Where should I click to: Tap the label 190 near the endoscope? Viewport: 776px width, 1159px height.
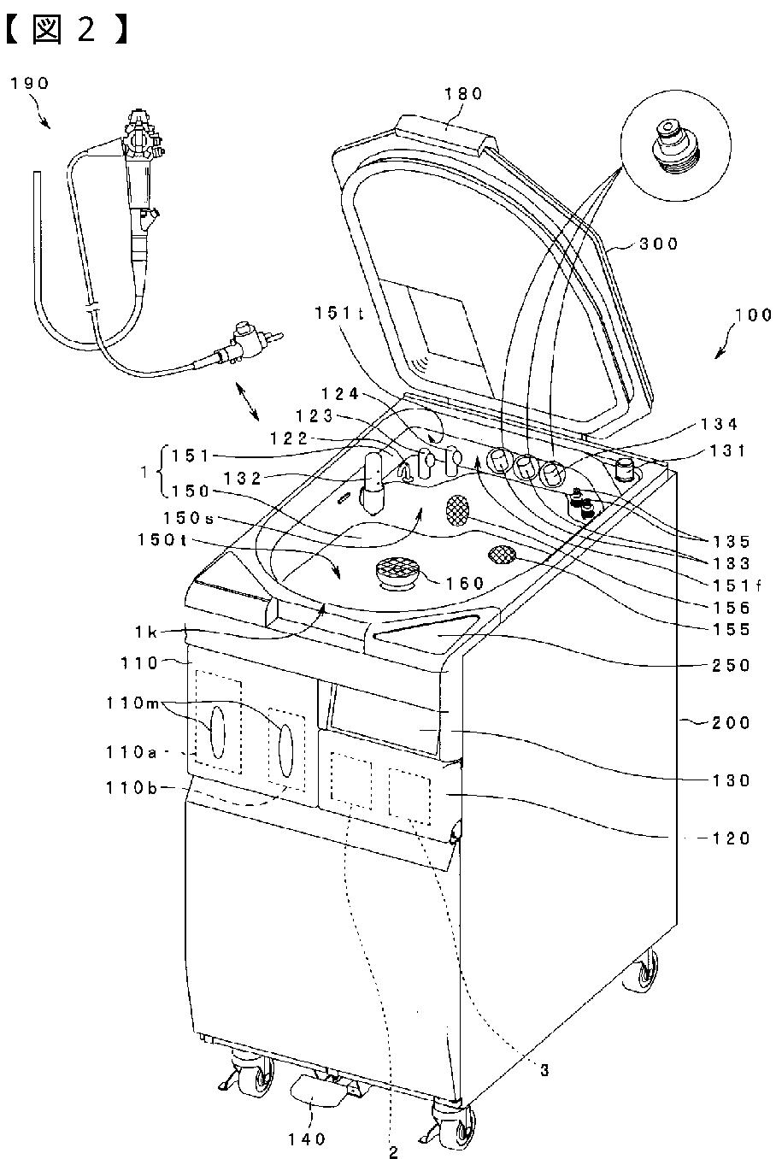pos(30,83)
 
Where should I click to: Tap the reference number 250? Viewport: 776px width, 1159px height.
pos(732,665)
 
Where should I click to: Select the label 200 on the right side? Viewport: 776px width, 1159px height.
pos(732,723)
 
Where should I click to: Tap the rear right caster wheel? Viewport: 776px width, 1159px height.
pos(645,973)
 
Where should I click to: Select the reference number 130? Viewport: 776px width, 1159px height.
pos(732,780)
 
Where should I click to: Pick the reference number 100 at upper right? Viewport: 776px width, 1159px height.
pos(751,315)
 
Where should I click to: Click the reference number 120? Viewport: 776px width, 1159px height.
pos(732,838)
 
